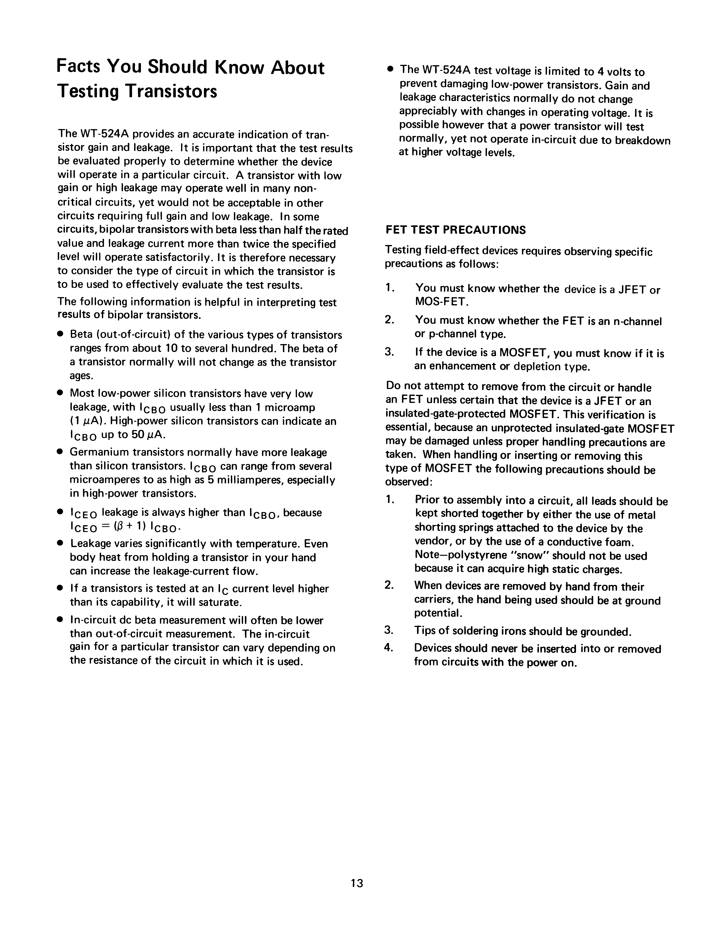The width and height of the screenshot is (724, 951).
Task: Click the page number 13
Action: click(357, 883)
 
